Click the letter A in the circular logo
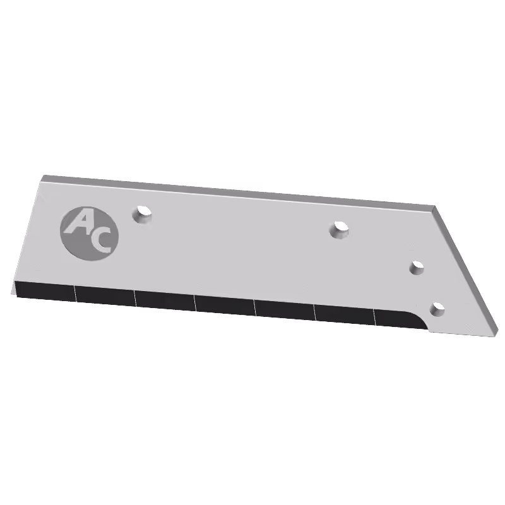(77, 223)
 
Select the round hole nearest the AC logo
(141, 214)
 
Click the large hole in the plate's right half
(339, 230)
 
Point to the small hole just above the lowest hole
(417, 268)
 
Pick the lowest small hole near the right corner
(437, 309)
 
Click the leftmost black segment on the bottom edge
(45, 291)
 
